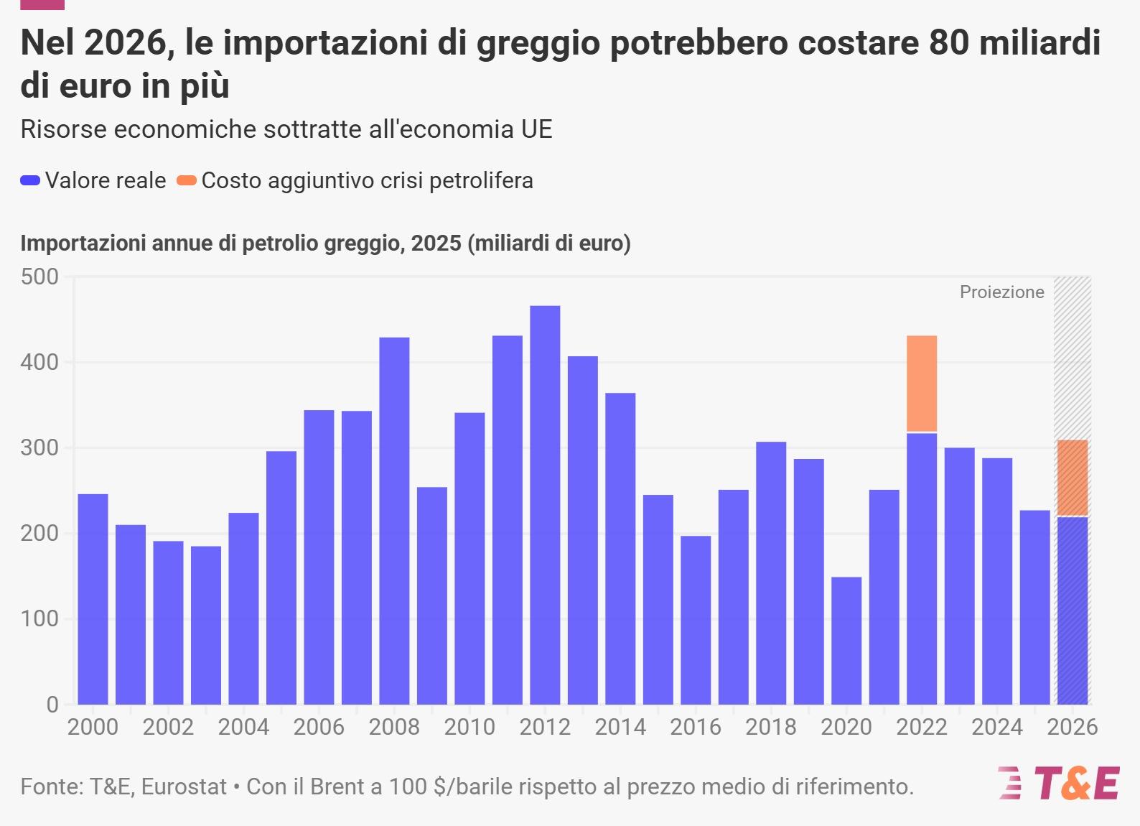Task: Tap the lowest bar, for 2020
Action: (x=846, y=640)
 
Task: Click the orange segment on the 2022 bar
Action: (x=922, y=384)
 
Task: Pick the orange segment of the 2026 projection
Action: (x=1073, y=478)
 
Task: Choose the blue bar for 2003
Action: (x=206, y=625)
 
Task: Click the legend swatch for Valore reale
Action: (x=30, y=181)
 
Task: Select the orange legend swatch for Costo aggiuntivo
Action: (x=187, y=181)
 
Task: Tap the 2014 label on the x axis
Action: (x=620, y=727)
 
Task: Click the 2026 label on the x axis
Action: (x=1073, y=727)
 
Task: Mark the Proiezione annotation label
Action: (x=1001, y=292)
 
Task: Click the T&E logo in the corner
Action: (x=1059, y=783)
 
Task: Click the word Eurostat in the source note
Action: (x=184, y=786)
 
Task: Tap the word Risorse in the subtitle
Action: (x=63, y=129)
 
